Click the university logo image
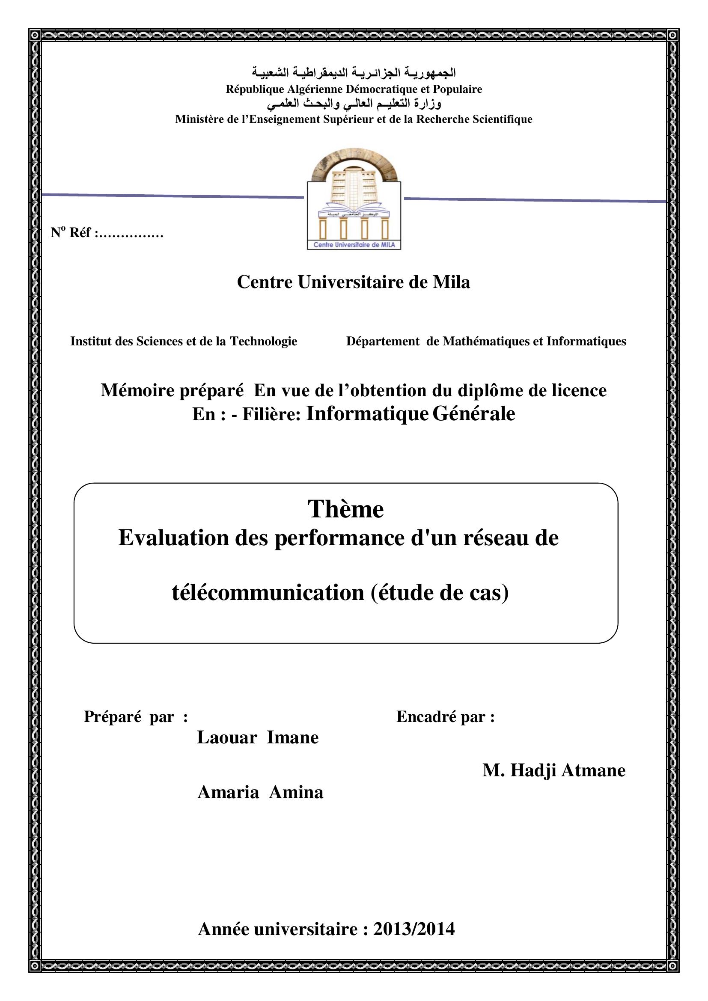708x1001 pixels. [x=354, y=199]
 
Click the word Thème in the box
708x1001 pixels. [x=346, y=509]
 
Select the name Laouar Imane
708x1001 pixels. [x=258, y=738]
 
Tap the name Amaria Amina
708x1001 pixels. [x=260, y=792]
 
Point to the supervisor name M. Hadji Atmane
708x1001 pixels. [x=553, y=770]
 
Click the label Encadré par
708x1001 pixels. [x=445, y=717]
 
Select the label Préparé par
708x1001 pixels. [x=136, y=717]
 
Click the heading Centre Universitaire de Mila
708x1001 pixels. [x=354, y=282]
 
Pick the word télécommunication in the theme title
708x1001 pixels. [x=268, y=593]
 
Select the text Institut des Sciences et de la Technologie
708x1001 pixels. [x=184, y=341]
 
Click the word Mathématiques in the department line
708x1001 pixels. [x=486, y=341]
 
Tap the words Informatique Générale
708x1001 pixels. [x=410, y=413]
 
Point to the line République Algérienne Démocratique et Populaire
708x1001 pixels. [x=354, y=89]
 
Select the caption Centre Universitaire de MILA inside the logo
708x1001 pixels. [x=354, y=245]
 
